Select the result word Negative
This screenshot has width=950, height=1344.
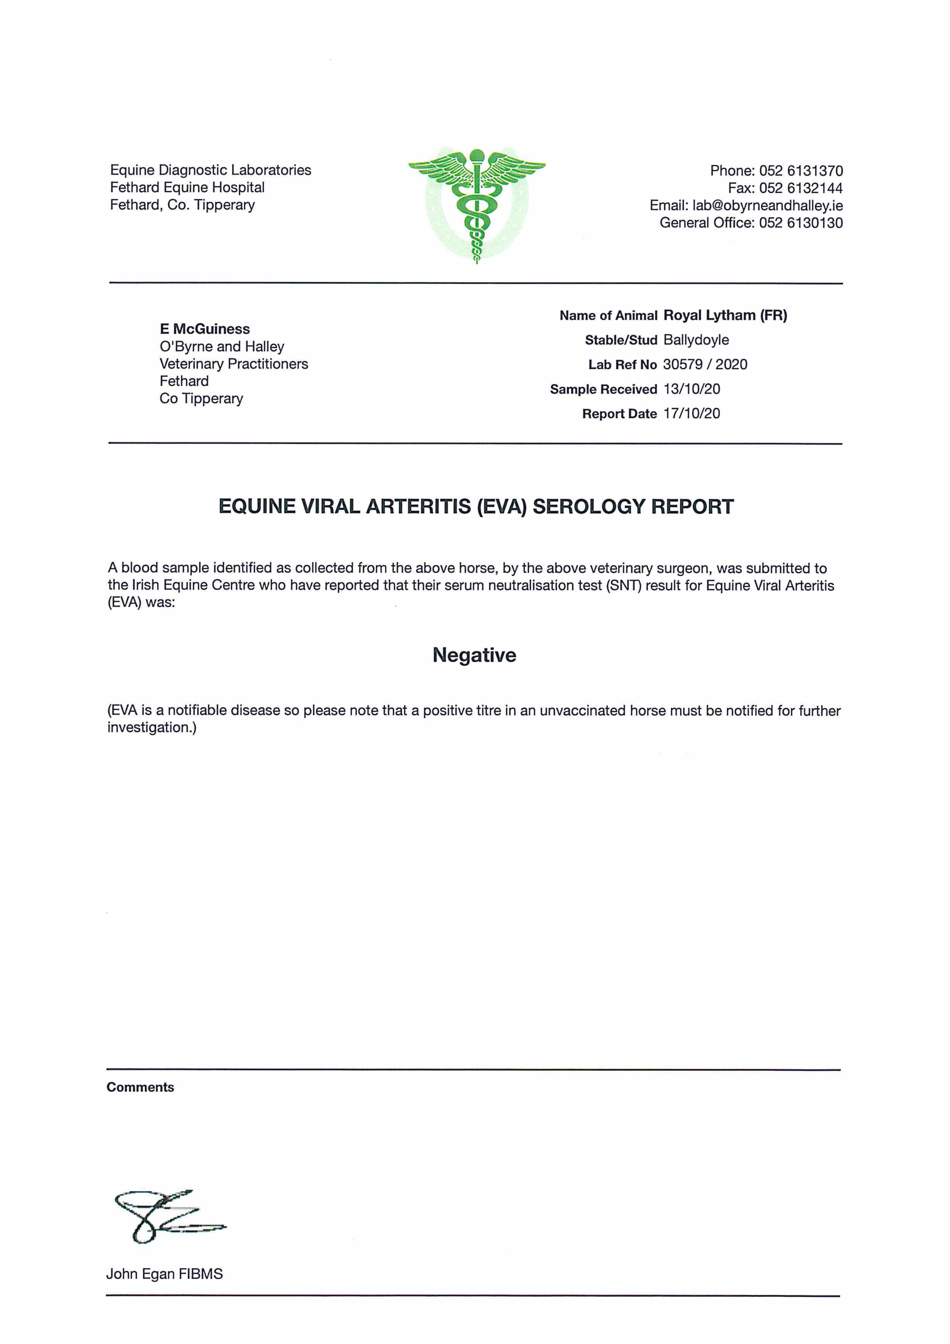(474, 655)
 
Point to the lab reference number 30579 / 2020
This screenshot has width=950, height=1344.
(705, 365)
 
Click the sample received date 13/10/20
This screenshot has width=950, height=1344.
(691, 389)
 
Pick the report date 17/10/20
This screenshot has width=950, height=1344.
(691, 414)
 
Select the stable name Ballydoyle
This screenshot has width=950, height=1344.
(696, 340)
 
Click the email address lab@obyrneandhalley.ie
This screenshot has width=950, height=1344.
(767, 205)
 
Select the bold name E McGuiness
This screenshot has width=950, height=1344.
(205, 329)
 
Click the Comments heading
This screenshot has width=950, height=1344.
(141, 1087)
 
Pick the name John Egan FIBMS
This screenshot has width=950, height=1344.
(164, 1274)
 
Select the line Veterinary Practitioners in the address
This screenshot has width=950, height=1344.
(234, 364)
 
